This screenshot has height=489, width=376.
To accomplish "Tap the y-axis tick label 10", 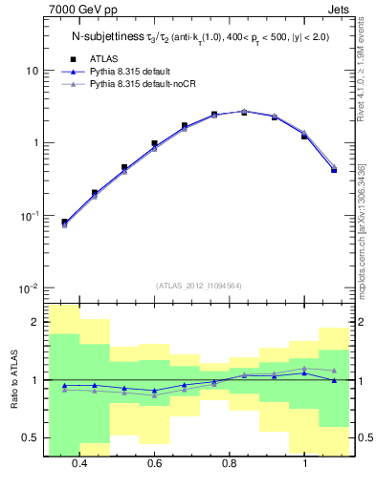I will pos(32,71).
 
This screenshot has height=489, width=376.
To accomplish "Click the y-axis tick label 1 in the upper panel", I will pos(34,143).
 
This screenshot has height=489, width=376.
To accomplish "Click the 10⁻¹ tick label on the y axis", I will pos(29,215).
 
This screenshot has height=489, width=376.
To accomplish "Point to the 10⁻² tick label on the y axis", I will pos(29,287).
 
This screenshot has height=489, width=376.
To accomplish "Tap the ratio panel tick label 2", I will pos(34,323).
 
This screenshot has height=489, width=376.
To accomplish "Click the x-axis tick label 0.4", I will pos(79,463).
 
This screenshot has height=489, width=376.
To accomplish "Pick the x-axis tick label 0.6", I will pos(154,463).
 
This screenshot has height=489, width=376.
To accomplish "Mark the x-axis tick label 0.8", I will pos(230,463).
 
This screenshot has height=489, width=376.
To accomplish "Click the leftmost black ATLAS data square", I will pos(64,223).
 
